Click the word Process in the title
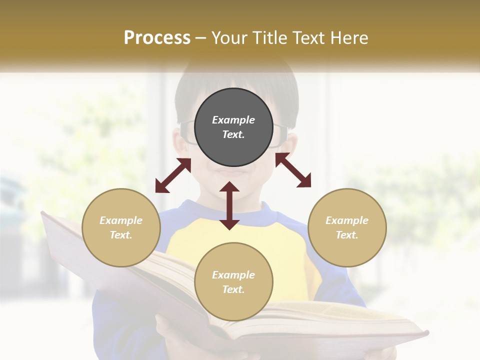(x=157, y=38)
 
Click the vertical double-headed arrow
(x=229, y=205)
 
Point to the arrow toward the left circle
(x=173, y=175)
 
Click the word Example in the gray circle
(x=233, y=120)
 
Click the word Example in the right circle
(x=347, y=220)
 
